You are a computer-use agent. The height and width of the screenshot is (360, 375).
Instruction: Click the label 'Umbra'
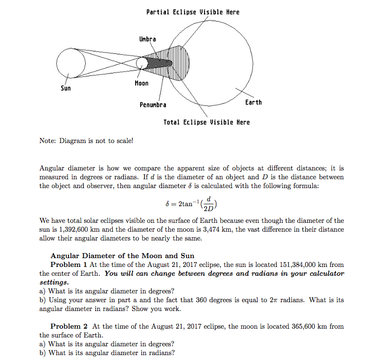tap(147, 39)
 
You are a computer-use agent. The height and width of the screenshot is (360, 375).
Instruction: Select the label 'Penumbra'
tap(153, 105)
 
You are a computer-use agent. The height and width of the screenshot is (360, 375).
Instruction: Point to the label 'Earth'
tap(253, 102)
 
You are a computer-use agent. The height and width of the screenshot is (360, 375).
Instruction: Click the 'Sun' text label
tap(66, 89)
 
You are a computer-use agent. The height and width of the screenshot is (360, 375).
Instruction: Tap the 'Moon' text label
tap(141, 84)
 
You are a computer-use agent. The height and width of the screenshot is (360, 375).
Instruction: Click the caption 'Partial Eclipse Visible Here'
tap(193, 12)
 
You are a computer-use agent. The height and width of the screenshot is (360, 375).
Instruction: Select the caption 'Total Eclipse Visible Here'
tap(206, 122)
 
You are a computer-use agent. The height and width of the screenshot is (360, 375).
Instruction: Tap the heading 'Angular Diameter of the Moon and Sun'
tap(122, 256)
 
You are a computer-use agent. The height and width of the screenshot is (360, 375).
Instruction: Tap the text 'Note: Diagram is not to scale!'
tap(86, 141)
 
